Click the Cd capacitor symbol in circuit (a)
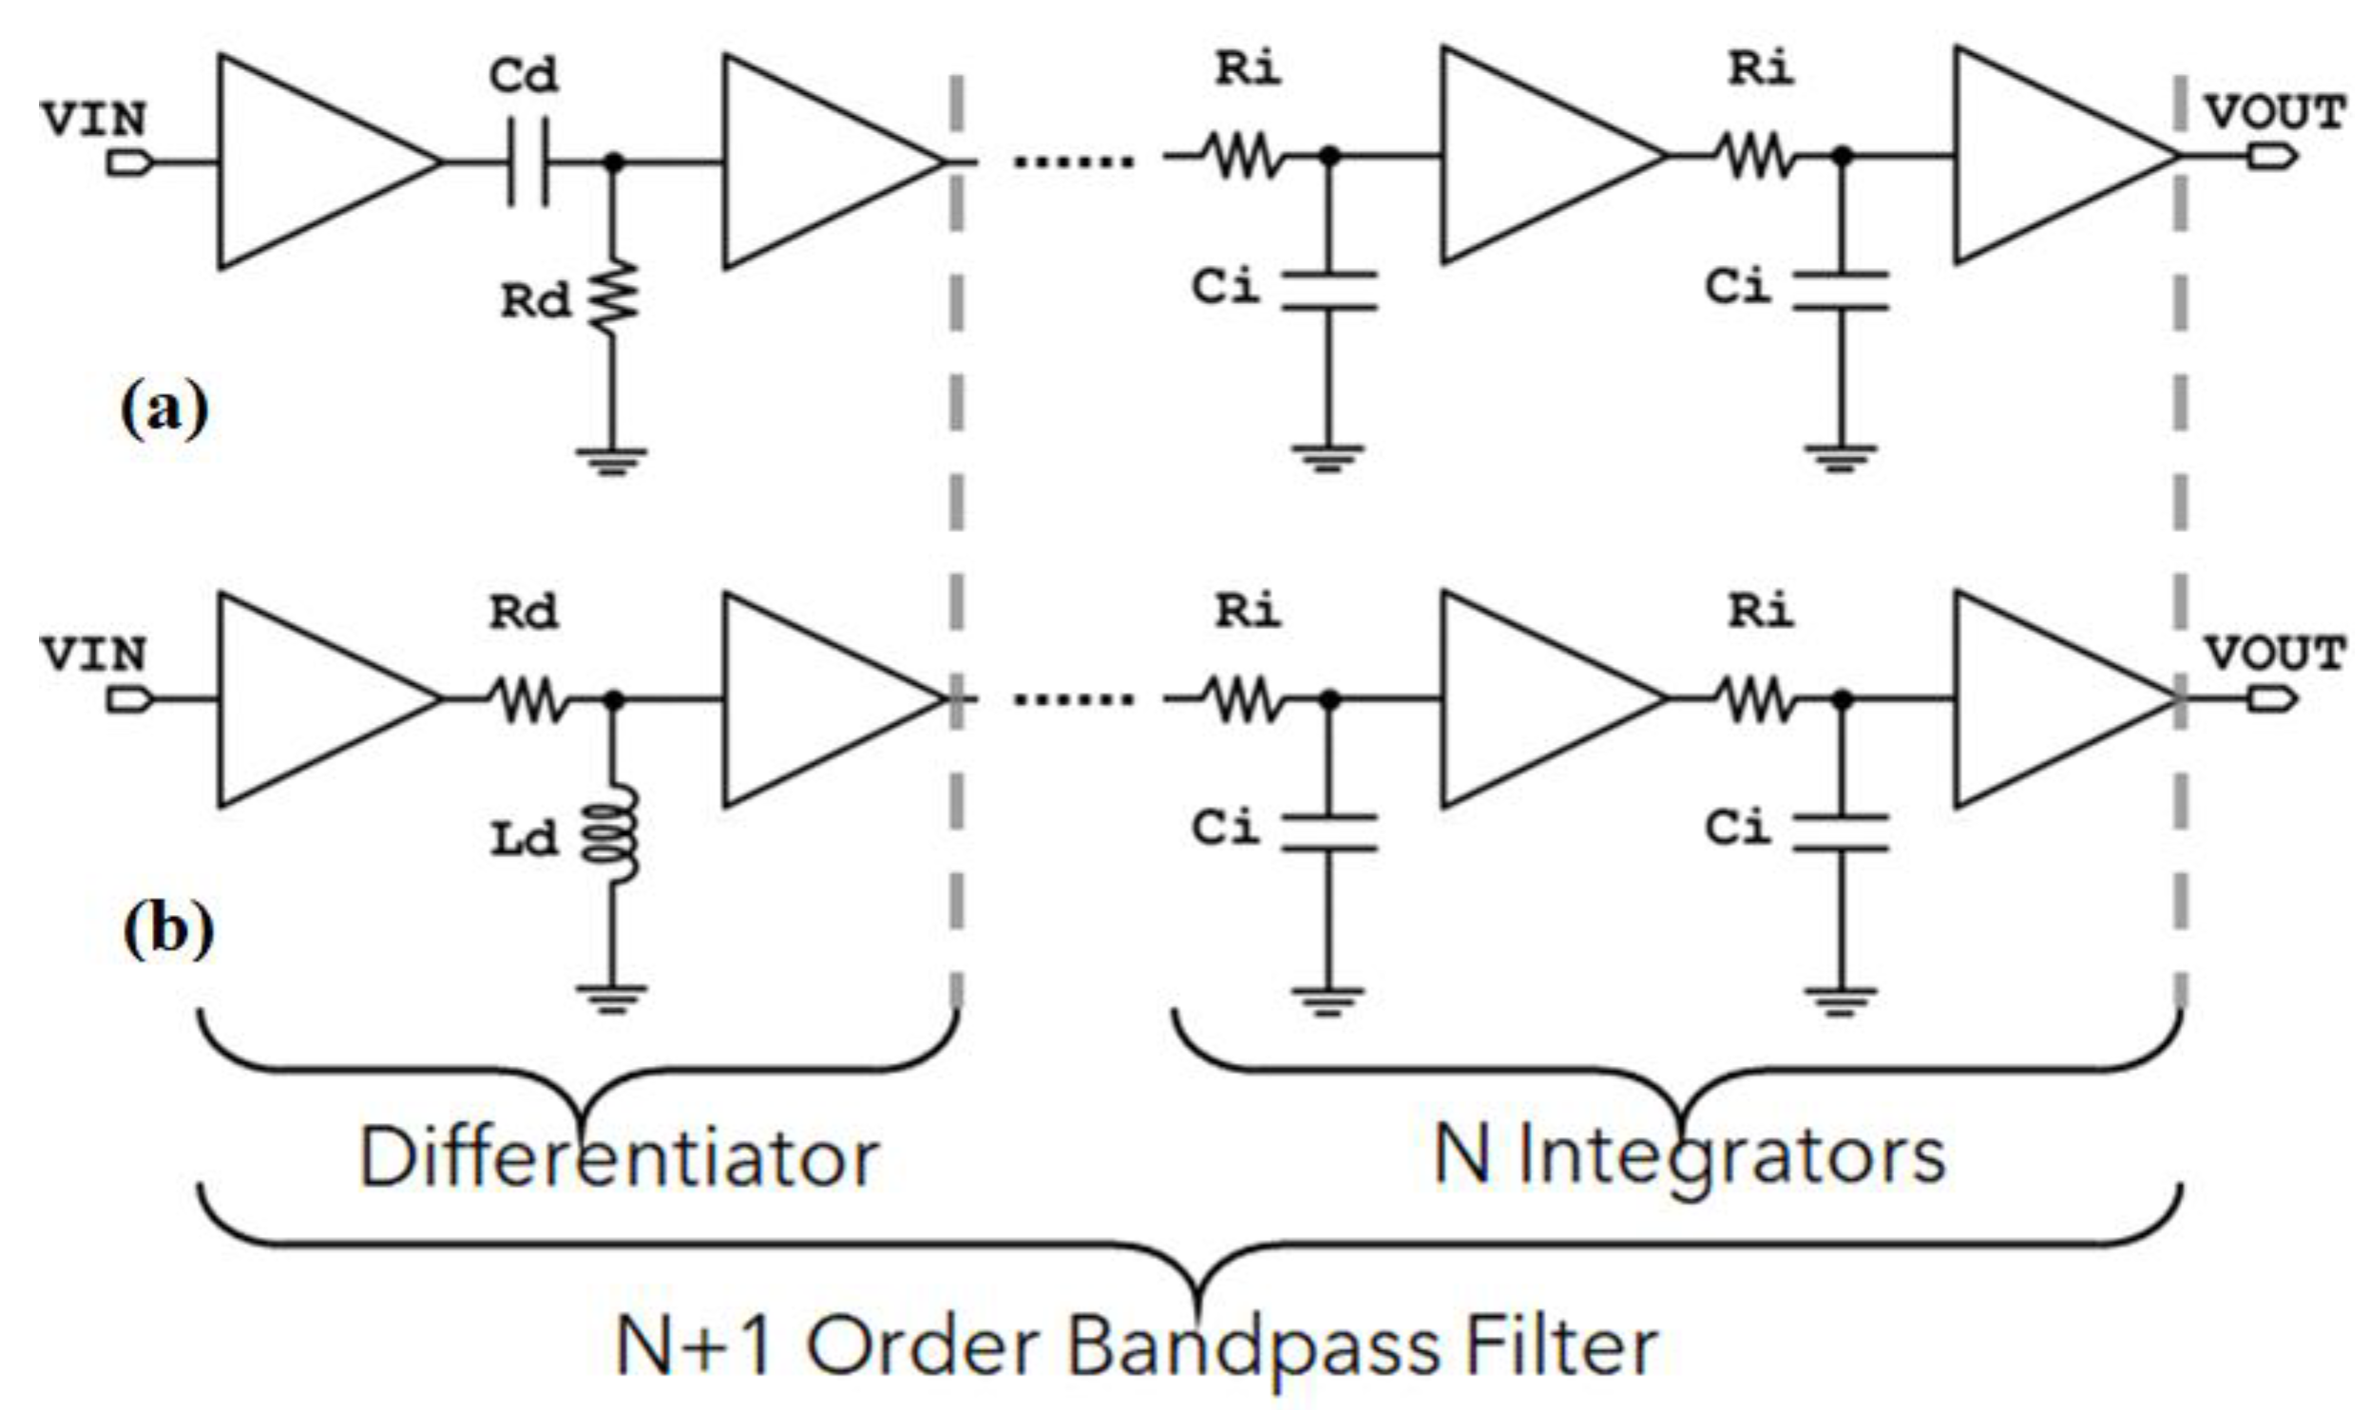[x=528, y=162]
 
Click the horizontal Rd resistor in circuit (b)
[x=528, y=700]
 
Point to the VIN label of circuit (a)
[x=93, y=120]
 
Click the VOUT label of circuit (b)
[x=2274, y=654]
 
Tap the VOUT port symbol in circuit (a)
[x=2271, y=157]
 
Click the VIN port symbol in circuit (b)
[x=128, y=700]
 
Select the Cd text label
[x=524, y=76]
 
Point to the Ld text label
[x=524, y=840]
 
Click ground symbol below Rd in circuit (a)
[x=612, y=460]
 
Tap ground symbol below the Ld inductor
[x=612, y=998]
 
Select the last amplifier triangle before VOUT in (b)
[x=2043, y=700]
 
